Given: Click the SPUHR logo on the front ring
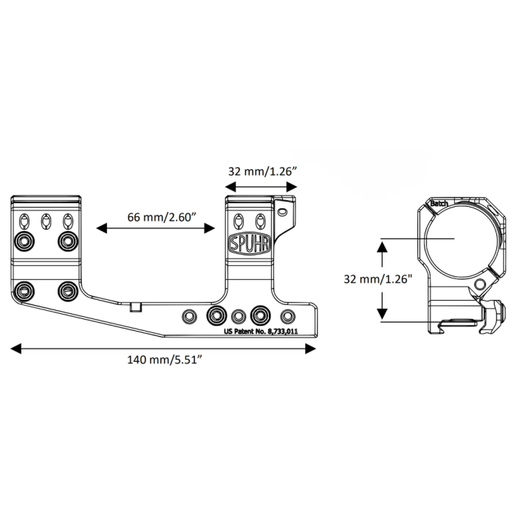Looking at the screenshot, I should click(250, 244).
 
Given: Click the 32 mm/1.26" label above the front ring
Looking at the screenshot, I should click(261, 171).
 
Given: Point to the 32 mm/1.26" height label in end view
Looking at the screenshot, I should click(377, 280).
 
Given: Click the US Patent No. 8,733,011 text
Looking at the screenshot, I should click(261, 332).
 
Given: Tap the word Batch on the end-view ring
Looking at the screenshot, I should click(439, 203).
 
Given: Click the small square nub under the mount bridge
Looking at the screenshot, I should click(135, 307).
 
